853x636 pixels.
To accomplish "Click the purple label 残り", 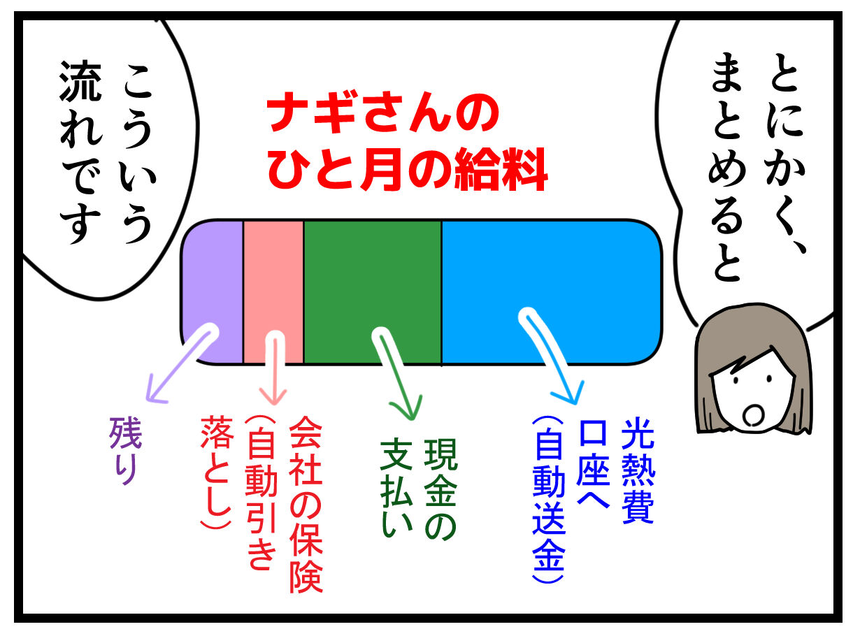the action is pyautogui.click(x=127, y=450).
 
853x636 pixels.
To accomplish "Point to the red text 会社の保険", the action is pyautogui.click(x=305, y=503).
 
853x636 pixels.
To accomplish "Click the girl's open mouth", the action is pyautogui.click(x=753, y=414).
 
